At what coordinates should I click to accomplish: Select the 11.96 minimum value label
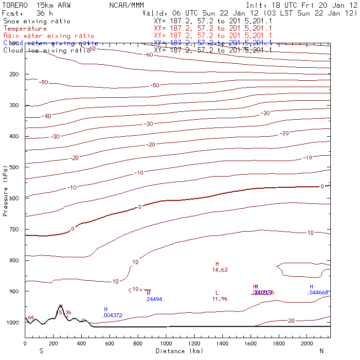[220, 299]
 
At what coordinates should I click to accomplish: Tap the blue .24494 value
[154, 299]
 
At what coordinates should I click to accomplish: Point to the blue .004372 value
[112, 315]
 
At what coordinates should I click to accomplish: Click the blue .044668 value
[318, 292]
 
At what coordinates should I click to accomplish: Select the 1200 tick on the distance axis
[195, 343]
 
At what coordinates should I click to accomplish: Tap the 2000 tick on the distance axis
[307, 343]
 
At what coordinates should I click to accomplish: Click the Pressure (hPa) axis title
[6, 190]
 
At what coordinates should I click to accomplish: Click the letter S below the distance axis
[41, 351]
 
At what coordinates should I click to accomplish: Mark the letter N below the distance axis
[321, 351]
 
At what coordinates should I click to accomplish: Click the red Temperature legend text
[25, 29]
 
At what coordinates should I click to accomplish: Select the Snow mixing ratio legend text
[36, 21]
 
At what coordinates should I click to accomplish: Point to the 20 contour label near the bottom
[292, 321]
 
